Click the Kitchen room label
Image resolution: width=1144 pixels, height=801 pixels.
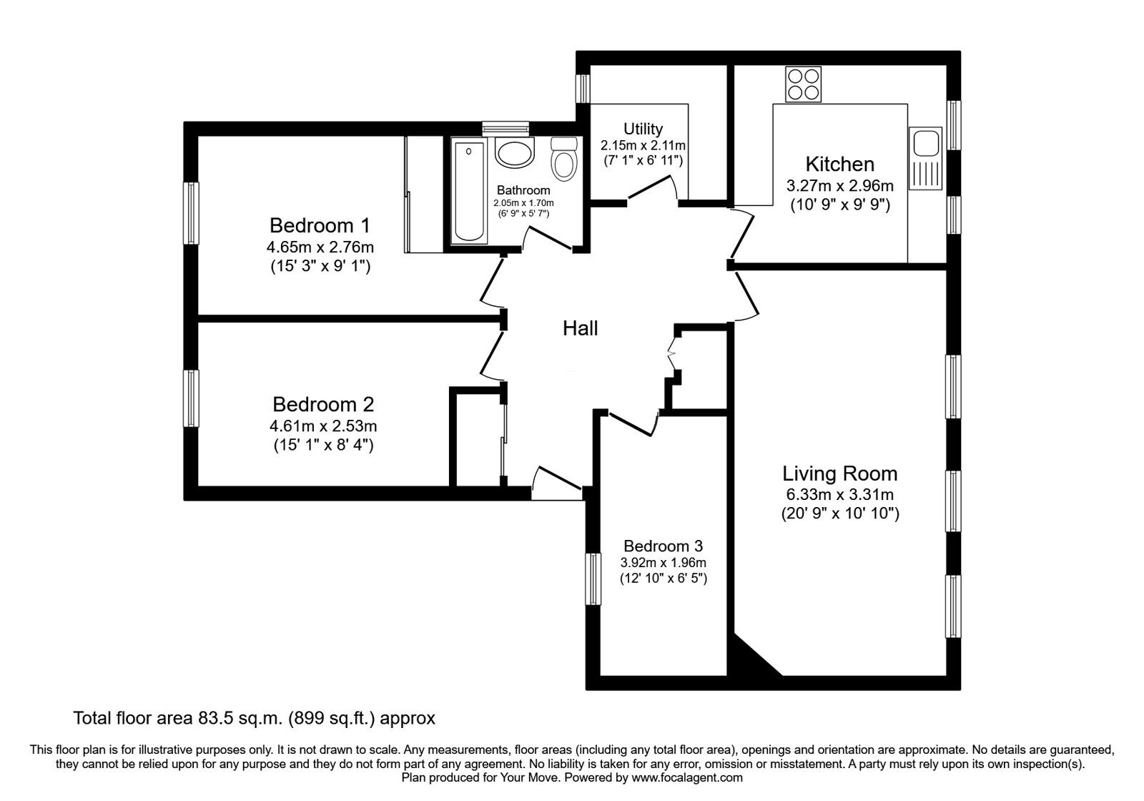pos(839,164)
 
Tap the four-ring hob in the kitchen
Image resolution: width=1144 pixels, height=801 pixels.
pos(804,84)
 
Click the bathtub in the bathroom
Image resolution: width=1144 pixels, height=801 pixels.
pos(470,191)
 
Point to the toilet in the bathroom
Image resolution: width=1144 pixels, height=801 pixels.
pos(564,159)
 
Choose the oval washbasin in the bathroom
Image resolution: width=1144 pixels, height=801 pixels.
pos(513,154)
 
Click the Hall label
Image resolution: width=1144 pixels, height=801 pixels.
pos(580,328)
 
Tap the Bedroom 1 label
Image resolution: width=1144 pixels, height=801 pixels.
pos(320,226)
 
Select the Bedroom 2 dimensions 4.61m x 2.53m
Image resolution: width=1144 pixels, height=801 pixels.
pos(322,426)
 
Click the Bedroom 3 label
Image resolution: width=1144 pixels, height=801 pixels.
pos(663,546)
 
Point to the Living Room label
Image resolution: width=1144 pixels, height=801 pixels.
pos(839,473)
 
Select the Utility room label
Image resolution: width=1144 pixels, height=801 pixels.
pos(643,129)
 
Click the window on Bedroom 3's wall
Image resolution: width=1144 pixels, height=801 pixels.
pos(593,578)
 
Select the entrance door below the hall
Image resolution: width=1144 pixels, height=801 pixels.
pos(556,484)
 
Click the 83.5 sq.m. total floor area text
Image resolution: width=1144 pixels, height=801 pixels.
pos(254,717)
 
